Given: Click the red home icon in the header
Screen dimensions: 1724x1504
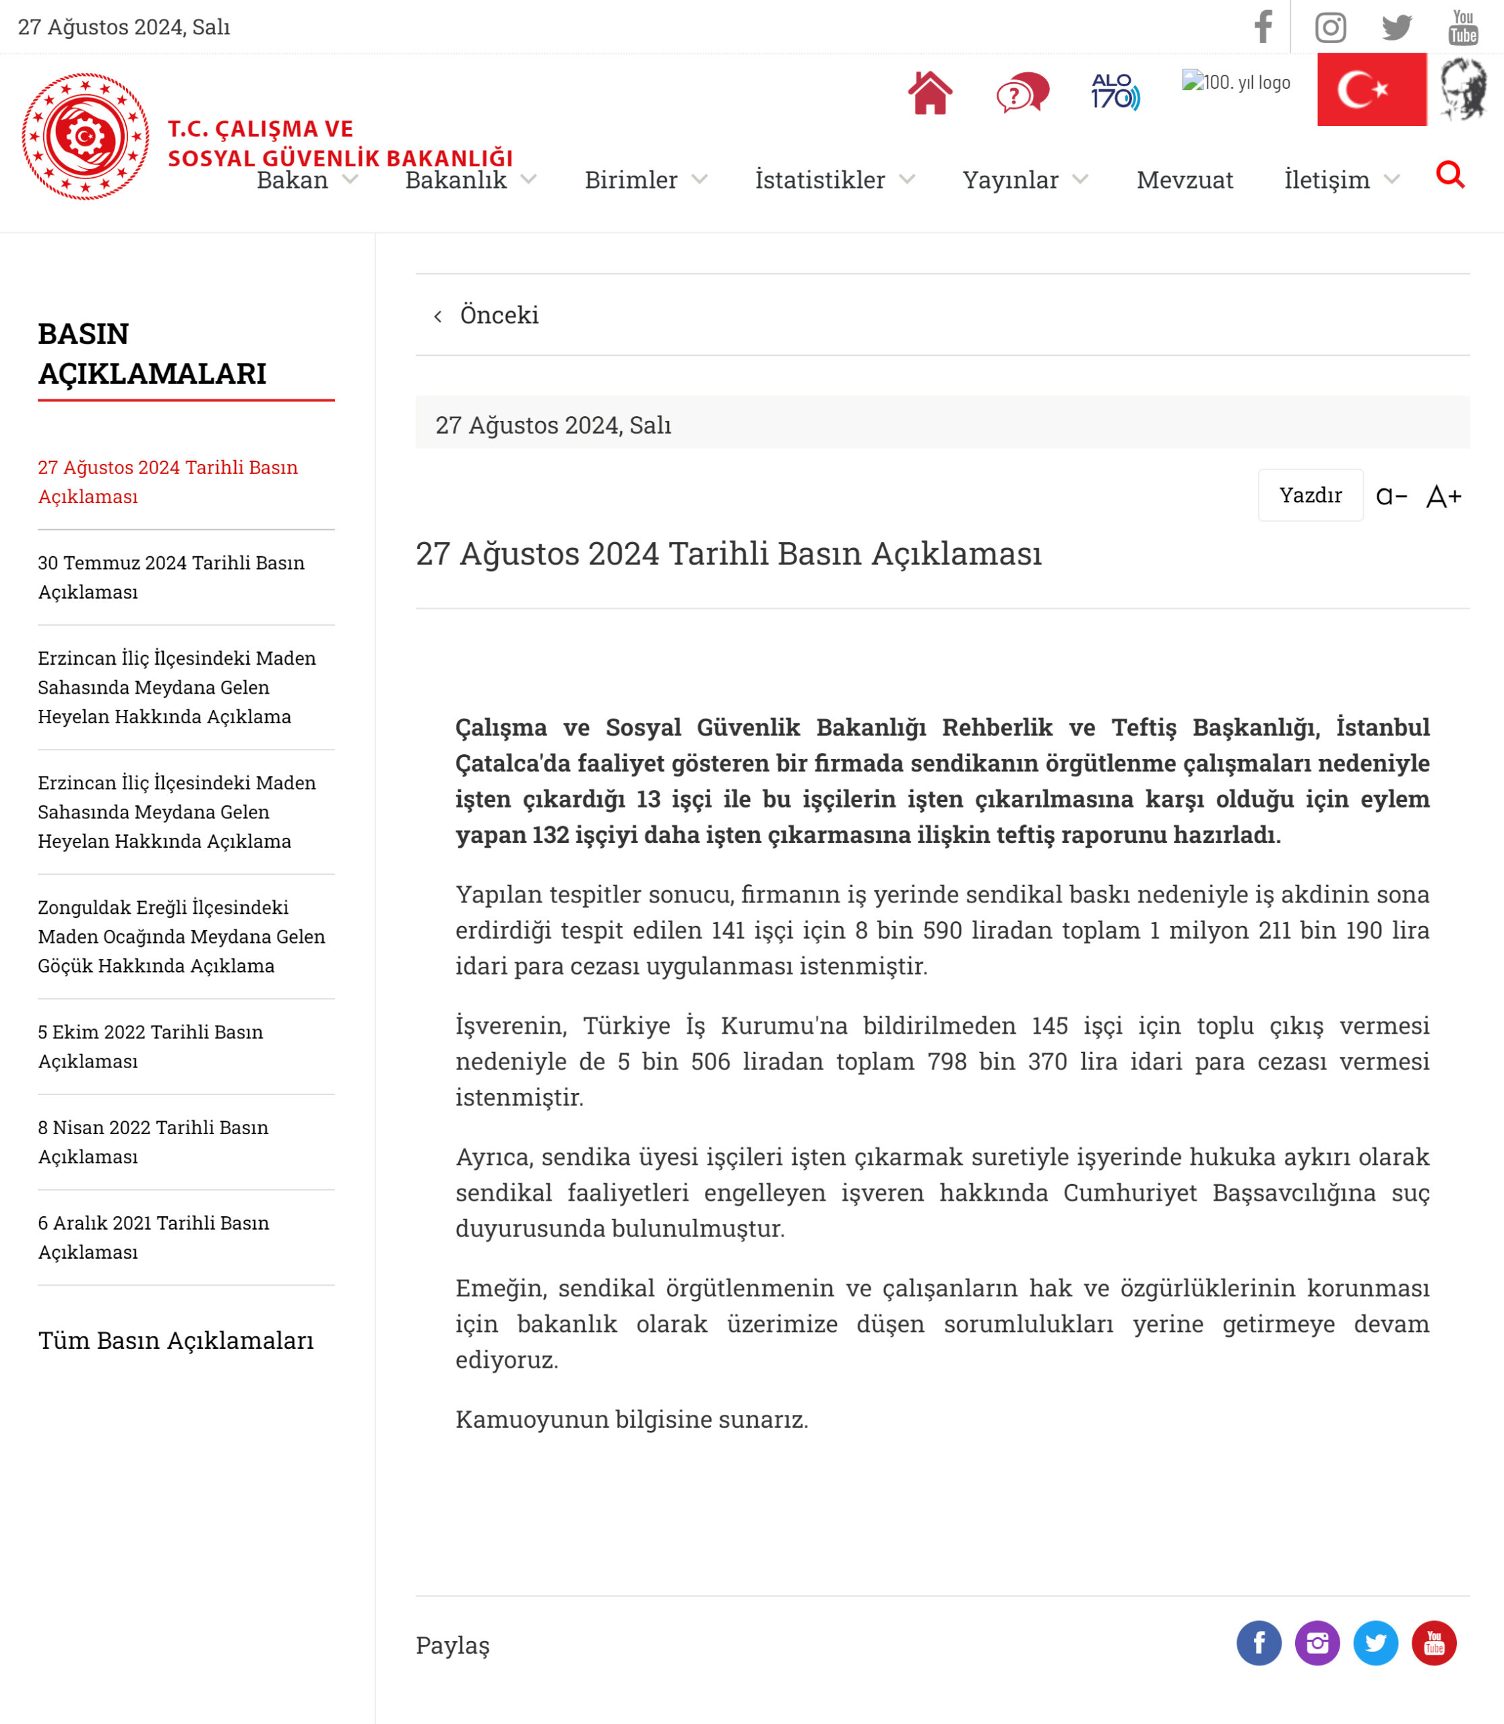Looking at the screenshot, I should coord(929,93).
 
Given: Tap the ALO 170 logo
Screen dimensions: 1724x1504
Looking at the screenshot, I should coord(1115,92).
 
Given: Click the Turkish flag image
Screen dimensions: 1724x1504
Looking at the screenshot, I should coord(1371,90).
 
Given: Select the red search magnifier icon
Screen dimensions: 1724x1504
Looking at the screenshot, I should coord(1449,175).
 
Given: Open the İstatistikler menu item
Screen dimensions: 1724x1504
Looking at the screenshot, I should coord(820,180).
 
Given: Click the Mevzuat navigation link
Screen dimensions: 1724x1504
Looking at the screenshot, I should coord(1184,180).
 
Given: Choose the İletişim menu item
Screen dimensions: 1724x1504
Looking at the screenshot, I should coord(1326,180).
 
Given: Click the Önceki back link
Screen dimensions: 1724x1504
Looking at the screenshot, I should coord(499,315).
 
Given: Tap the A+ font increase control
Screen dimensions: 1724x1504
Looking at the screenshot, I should coord(1443,496).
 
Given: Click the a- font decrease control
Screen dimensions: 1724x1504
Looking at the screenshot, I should coord(1391,496).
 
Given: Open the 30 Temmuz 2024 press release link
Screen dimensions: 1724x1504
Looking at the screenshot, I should coord(171,577).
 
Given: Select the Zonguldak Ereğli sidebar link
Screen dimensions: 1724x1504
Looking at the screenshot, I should coord(181,936).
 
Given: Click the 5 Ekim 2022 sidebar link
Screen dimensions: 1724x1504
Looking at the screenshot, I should coord(150,1046).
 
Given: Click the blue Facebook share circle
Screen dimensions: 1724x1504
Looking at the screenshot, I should coord(1258,1643).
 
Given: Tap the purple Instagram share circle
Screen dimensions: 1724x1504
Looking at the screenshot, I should coord(1317,1643).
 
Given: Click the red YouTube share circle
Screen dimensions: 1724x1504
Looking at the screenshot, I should coord(1433,1643).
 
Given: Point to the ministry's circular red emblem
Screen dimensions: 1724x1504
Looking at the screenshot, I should coord(86,136).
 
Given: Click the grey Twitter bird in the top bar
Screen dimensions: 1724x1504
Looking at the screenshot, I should coord(1397,28).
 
